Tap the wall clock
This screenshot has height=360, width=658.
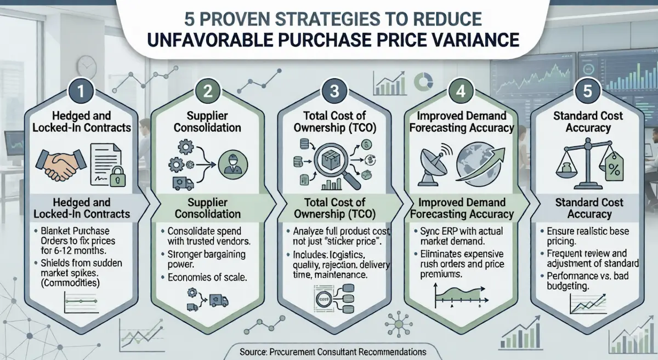pyautogui.click(x=87, y=66)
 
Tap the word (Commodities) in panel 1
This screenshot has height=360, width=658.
pyautogui.click(x=70, y=284)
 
